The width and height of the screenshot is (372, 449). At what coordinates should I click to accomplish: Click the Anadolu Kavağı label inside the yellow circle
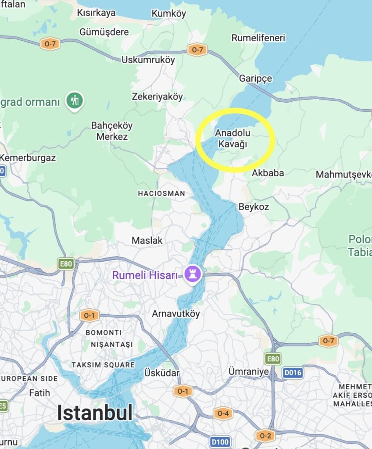click(231, 138)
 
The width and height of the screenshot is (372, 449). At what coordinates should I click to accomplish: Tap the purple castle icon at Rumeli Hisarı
click(192, 274)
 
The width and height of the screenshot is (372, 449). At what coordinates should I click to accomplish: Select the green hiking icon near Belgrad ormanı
click(75, 100)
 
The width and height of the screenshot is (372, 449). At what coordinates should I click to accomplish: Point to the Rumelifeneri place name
click(258, 38)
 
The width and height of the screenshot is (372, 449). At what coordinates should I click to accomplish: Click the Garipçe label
click(256, 78)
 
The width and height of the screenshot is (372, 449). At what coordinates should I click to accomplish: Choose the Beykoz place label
click(254, 207)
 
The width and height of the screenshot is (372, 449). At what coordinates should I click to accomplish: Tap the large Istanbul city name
click(95, 413)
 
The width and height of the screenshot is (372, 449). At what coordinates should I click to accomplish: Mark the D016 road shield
click(293, 373)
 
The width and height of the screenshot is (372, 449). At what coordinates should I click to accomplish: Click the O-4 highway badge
click(223, 413)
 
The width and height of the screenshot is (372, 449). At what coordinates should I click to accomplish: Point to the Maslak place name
click(147, 240)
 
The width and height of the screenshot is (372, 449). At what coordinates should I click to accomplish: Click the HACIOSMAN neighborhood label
click(161, 193)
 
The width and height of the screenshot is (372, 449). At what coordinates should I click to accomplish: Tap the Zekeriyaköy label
click(157, 97)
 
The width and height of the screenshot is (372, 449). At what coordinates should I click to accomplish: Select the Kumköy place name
click(169, 14)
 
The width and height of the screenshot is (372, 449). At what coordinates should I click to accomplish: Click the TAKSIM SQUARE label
click(103, 365)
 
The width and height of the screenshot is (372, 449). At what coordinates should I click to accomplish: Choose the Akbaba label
click(268, 173)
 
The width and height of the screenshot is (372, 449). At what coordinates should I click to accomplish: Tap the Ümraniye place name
click(249, 371)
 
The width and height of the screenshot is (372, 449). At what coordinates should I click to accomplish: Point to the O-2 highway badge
click(265, 435)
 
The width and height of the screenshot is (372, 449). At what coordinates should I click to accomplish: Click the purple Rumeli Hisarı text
click(145, 275)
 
